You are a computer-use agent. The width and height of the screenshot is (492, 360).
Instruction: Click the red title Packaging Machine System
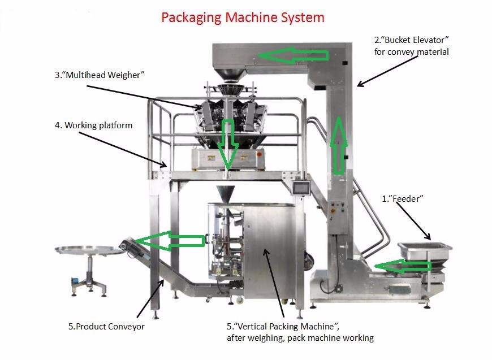tap(243, 18)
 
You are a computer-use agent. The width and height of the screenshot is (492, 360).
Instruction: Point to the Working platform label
tap(94, 125)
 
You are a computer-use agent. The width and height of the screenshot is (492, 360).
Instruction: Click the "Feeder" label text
tap(403, 198)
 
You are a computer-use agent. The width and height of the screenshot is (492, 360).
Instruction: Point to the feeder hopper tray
tap(425, 249)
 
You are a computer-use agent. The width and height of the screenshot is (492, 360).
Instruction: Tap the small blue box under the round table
tap(73, 281)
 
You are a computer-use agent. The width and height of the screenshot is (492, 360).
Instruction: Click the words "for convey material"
tap(412, 52)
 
